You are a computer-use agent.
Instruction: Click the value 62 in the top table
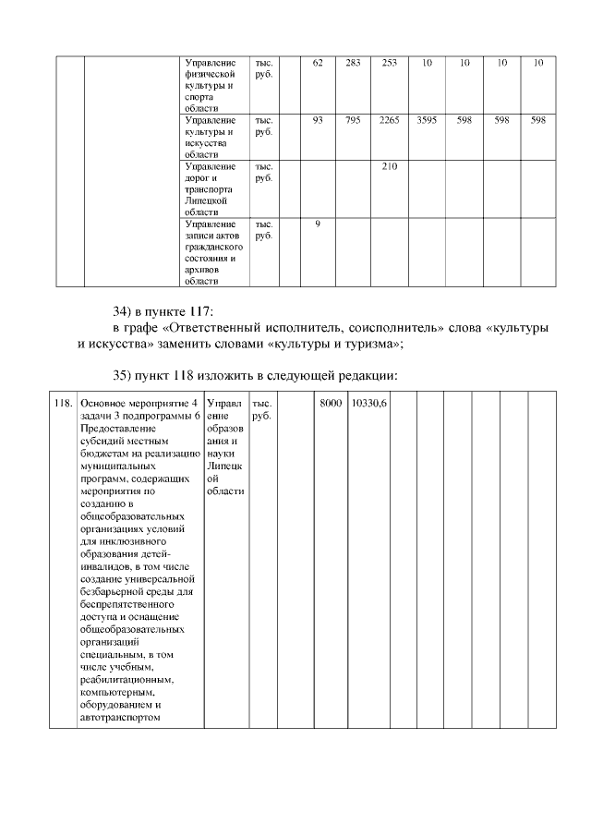(x=318, y=63)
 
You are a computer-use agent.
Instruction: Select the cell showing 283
(x=353, y=63)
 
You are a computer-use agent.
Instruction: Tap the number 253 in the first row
(x=389, y=63)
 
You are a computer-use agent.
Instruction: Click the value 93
(x=318, y=120)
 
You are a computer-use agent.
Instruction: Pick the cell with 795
(x=353, y=120)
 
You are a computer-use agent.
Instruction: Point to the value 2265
(x=389, y=120)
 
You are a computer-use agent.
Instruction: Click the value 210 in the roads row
(x=389, y=166)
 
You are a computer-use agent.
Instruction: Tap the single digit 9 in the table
(x=318, y=224)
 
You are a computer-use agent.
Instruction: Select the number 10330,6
(x=369, y=404)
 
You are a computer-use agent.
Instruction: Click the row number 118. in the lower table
(x=64, y=404)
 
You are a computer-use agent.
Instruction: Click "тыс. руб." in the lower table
(x=261, y=410)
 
